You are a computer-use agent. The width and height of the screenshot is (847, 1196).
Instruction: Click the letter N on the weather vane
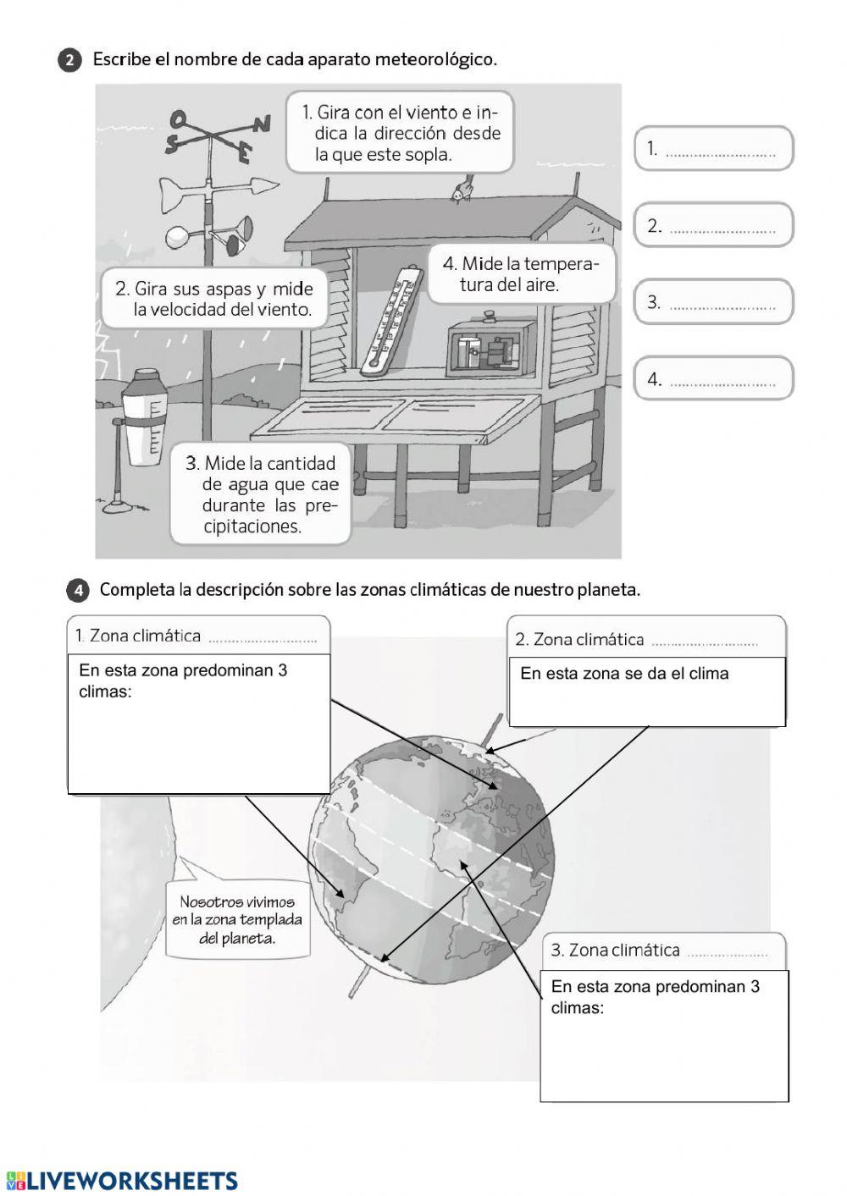(263, 124)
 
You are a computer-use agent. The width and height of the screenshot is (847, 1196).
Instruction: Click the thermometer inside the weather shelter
(390, 319)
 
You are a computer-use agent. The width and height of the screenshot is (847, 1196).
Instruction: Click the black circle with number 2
(70, 61)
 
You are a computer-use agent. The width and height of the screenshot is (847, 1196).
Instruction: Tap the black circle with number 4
(77, 591)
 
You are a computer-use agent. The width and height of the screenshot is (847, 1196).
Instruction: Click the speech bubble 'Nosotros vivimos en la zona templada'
(238, 920)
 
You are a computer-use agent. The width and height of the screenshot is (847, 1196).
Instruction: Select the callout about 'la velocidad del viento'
(214, 299)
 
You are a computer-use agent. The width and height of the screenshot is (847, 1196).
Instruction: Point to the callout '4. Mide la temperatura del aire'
(520, 274)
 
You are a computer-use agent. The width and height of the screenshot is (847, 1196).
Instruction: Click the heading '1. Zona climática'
(138, 636)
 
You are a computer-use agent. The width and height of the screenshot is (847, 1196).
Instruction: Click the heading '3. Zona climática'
(616, 950)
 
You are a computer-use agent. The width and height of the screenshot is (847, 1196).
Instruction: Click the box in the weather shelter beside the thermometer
(484, 345)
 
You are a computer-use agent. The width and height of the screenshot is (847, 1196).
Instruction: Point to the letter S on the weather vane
(172, 145)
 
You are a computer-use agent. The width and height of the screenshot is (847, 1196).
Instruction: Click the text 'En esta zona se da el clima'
(624, 674)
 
